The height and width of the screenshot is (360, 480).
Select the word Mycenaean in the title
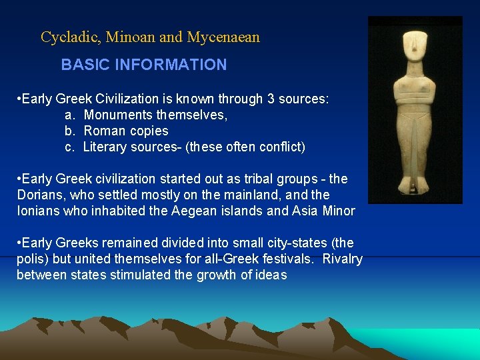[x=223, y=37]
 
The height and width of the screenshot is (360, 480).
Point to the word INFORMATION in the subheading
[x=171, y=65]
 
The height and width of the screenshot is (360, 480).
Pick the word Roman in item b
[x=103, y=131]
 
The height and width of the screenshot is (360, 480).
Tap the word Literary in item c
[x=105, y=147]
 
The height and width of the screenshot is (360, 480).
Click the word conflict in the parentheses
[x=279, y=147]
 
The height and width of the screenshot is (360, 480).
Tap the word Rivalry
[x=342, y=259]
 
